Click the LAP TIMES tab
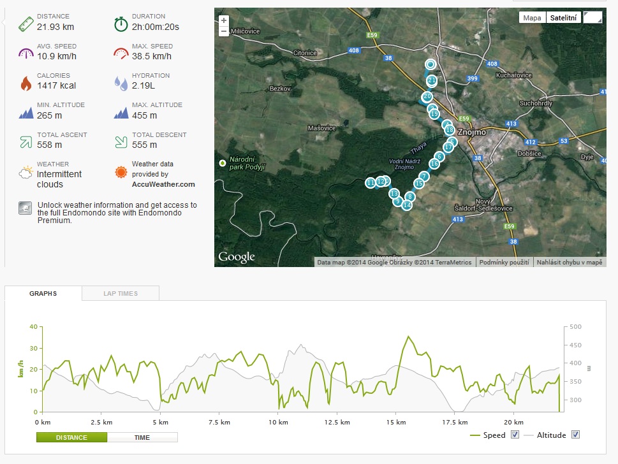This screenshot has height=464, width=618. tap(121, 293)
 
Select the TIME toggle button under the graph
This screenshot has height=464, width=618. tap(142, 438)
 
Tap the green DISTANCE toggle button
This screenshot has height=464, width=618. tap(71, 438)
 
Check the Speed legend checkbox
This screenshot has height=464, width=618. tap(515, 435)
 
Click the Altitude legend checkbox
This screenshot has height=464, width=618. tap(575, 435)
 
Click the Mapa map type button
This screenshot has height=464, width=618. tap(532, 18)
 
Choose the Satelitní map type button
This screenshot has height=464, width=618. tap(563, 18)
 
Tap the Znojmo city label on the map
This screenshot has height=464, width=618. tap(472, 132)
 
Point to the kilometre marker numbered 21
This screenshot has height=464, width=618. tap(432, 80)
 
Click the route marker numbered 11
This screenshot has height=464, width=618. tap(370, 183)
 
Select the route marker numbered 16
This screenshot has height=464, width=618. tap(434, 163)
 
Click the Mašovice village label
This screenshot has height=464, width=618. tap(321, 128)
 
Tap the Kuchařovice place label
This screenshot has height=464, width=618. tap(514, 75)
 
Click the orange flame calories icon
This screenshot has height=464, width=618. tap(26, 83)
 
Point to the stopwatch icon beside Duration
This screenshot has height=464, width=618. tap(121, 24)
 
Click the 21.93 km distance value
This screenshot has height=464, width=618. tap(55, 27)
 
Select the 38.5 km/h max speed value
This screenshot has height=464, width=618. tap(152, 56)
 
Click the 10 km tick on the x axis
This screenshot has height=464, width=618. tap(278, 422)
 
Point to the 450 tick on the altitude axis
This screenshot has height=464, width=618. tap(575, 345)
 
